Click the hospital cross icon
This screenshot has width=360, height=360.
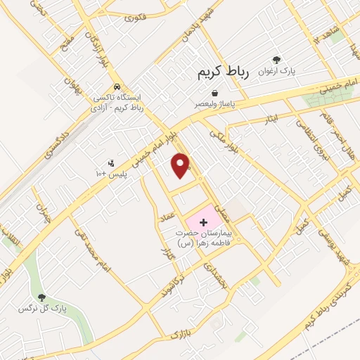coord(204,221)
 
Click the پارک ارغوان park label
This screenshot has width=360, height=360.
coord(276,71)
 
